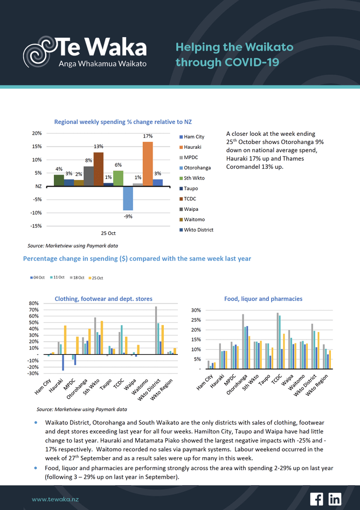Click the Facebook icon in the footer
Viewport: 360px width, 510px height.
pos(316,499)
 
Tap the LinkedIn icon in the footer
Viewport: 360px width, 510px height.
pos(335,499)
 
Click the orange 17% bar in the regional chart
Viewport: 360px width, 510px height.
pos(148,163)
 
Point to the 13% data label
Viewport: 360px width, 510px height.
pos(98,146)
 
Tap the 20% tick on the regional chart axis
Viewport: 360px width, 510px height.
pos(37,133)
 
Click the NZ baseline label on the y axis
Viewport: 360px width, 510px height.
pos(38,186)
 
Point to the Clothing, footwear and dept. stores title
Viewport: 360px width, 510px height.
pos(103,299)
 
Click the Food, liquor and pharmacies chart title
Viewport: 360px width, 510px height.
pos(263,299)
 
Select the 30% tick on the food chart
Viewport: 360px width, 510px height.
pos(196,311)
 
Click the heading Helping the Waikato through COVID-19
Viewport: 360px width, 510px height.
pos(234,54)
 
